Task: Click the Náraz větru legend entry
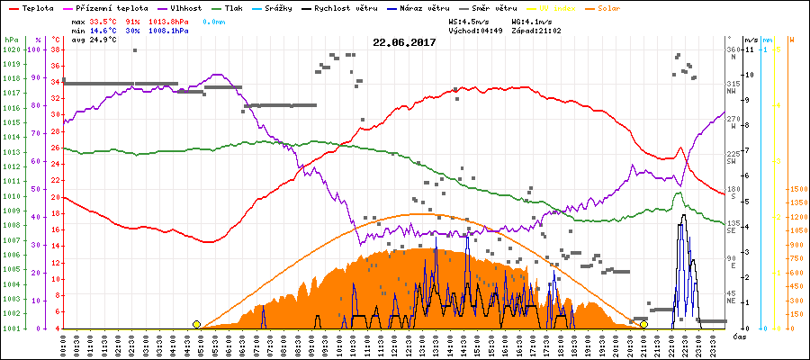tap(419, 7)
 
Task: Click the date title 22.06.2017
tap(404, 42)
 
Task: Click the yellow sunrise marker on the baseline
tap(196, 324)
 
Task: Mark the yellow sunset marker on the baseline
tap(643, 324)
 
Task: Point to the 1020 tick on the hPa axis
tap(11, 49)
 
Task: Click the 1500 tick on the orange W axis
tap(797, 189)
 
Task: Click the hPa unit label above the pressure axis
tap(11, 40)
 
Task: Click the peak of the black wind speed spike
tap(684, 215)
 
